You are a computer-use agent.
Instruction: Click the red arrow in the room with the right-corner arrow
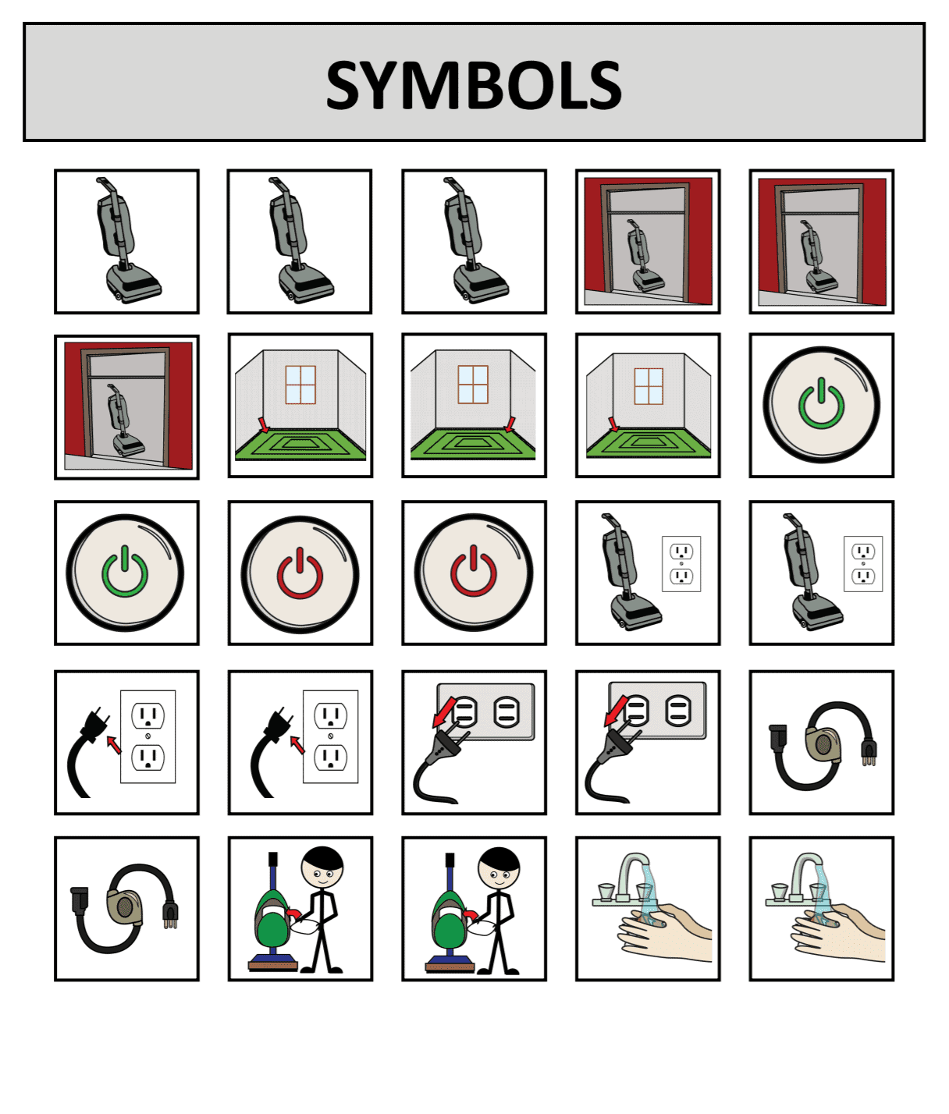point(509,424)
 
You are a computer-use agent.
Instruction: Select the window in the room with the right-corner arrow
point(473,385)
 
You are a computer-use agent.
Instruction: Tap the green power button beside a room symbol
point(821,405)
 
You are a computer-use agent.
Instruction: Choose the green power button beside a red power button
point(125,573)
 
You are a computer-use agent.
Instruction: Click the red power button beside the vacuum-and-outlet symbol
point(474,573)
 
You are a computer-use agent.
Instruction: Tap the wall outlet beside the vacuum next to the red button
point(681,564)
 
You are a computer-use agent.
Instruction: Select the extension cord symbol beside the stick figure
point(125,908)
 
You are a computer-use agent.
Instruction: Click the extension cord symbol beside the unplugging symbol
point(823,746)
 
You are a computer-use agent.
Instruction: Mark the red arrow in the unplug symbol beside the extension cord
point(616,711)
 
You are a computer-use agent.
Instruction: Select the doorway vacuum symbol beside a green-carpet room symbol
point(126,407)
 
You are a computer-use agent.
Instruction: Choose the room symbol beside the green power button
point(648,406)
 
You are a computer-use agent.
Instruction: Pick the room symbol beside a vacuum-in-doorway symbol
point(300,406)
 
